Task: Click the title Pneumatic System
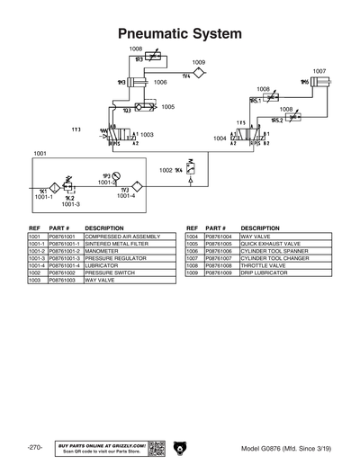tap(180, 33)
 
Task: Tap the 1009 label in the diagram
tap(199, 63)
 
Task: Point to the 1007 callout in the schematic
tap(319, 71)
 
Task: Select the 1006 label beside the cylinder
tap(160, 82)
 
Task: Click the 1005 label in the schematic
tap(167, 106)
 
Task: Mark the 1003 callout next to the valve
tap(147, 134)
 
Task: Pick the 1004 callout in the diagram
tap(220, 139)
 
